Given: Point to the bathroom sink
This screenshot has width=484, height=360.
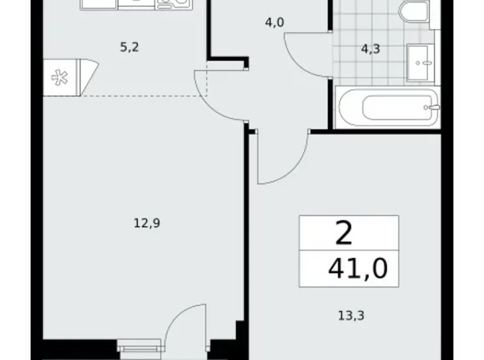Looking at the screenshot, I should [x=424, y=62].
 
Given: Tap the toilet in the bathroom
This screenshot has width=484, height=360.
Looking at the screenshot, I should [x=413, y=12].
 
